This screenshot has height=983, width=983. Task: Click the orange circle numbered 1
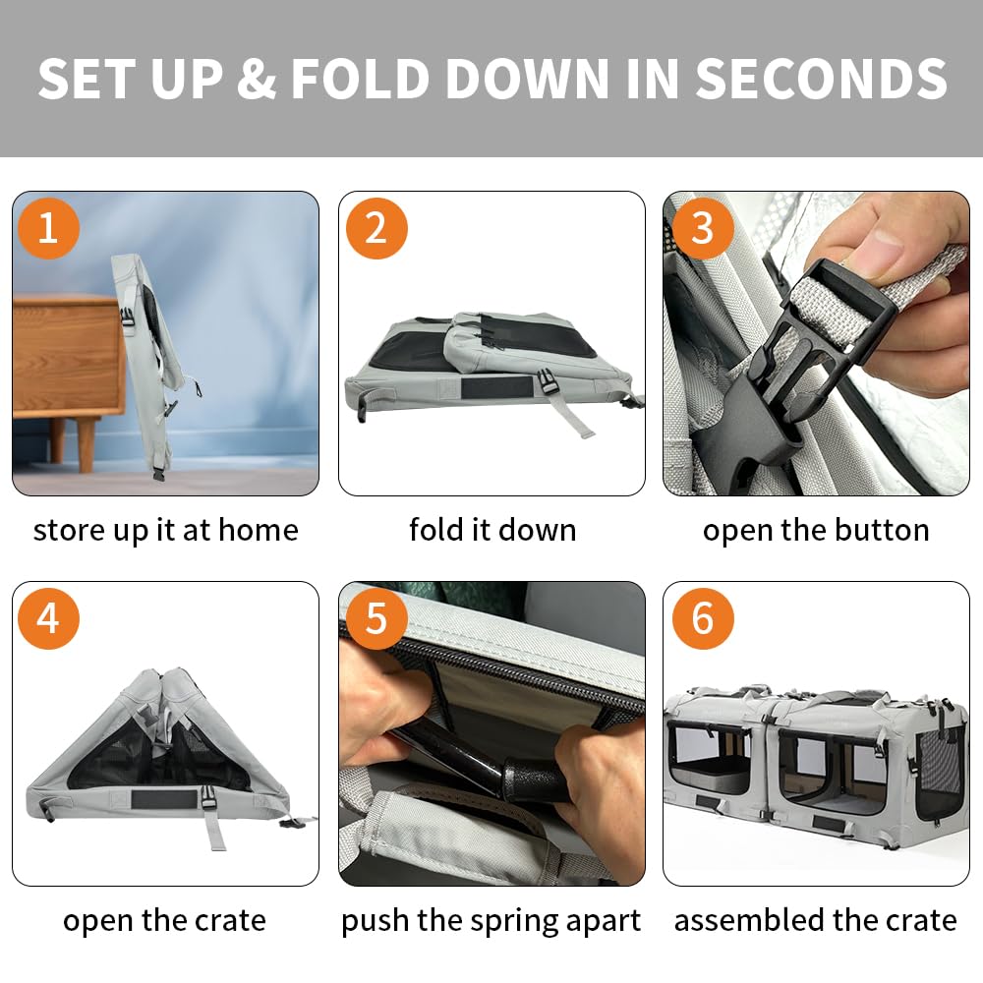coord(49,228)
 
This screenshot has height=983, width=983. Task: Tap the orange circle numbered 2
coord(376,228)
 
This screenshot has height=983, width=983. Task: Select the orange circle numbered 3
coord(703,228)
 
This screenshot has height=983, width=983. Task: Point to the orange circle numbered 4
coord(49,618)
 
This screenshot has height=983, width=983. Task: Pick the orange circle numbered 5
coord(376,618)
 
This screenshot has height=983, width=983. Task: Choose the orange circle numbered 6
coord(703,618)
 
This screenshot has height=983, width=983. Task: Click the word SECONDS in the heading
coord(821,79)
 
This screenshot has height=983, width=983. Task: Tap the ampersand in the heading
coord(257,79)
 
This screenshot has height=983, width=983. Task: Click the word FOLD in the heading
coord(361,79)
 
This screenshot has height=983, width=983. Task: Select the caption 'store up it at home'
coord(165,531)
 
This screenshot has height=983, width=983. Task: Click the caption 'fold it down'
coord(492,530)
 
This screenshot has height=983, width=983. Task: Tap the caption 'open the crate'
coord(164,921)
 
